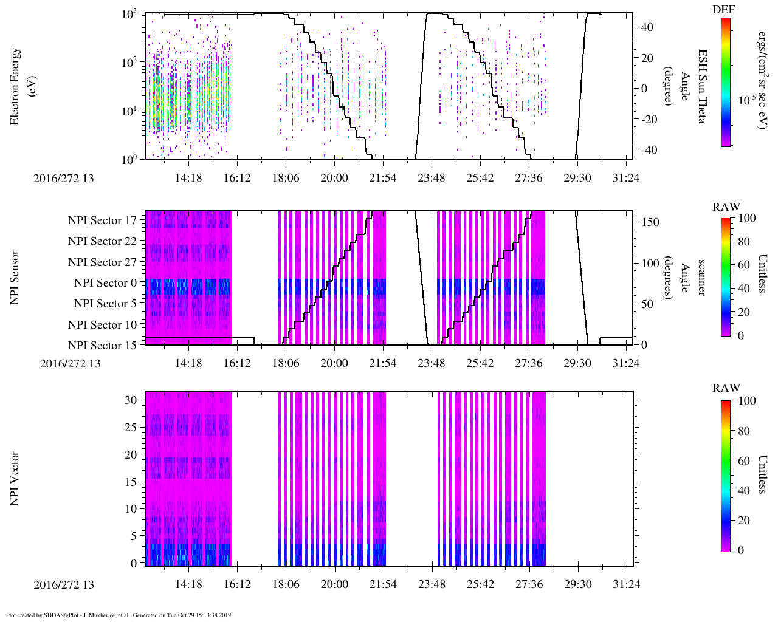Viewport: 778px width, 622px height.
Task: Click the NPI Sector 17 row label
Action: (102, 220)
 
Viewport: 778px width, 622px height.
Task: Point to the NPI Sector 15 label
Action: (102, 346)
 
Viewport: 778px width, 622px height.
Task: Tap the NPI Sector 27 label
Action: (102, 262)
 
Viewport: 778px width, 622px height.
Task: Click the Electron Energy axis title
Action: (22, 86)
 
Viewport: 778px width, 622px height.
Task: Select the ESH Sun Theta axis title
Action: (701, 86)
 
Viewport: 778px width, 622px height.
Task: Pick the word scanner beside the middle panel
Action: (701, 278)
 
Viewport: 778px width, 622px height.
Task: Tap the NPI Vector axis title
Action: (15, 479)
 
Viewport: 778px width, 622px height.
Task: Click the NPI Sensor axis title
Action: (15, 278)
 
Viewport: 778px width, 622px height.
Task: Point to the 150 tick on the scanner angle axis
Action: (650, 222)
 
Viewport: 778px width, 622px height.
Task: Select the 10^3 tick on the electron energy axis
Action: (128, 14)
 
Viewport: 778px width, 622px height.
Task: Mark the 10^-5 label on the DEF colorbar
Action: (746, 100)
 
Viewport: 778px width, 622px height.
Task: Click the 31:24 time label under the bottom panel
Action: (627, 584)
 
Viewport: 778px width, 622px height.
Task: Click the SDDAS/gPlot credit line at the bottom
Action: (119, 615)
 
